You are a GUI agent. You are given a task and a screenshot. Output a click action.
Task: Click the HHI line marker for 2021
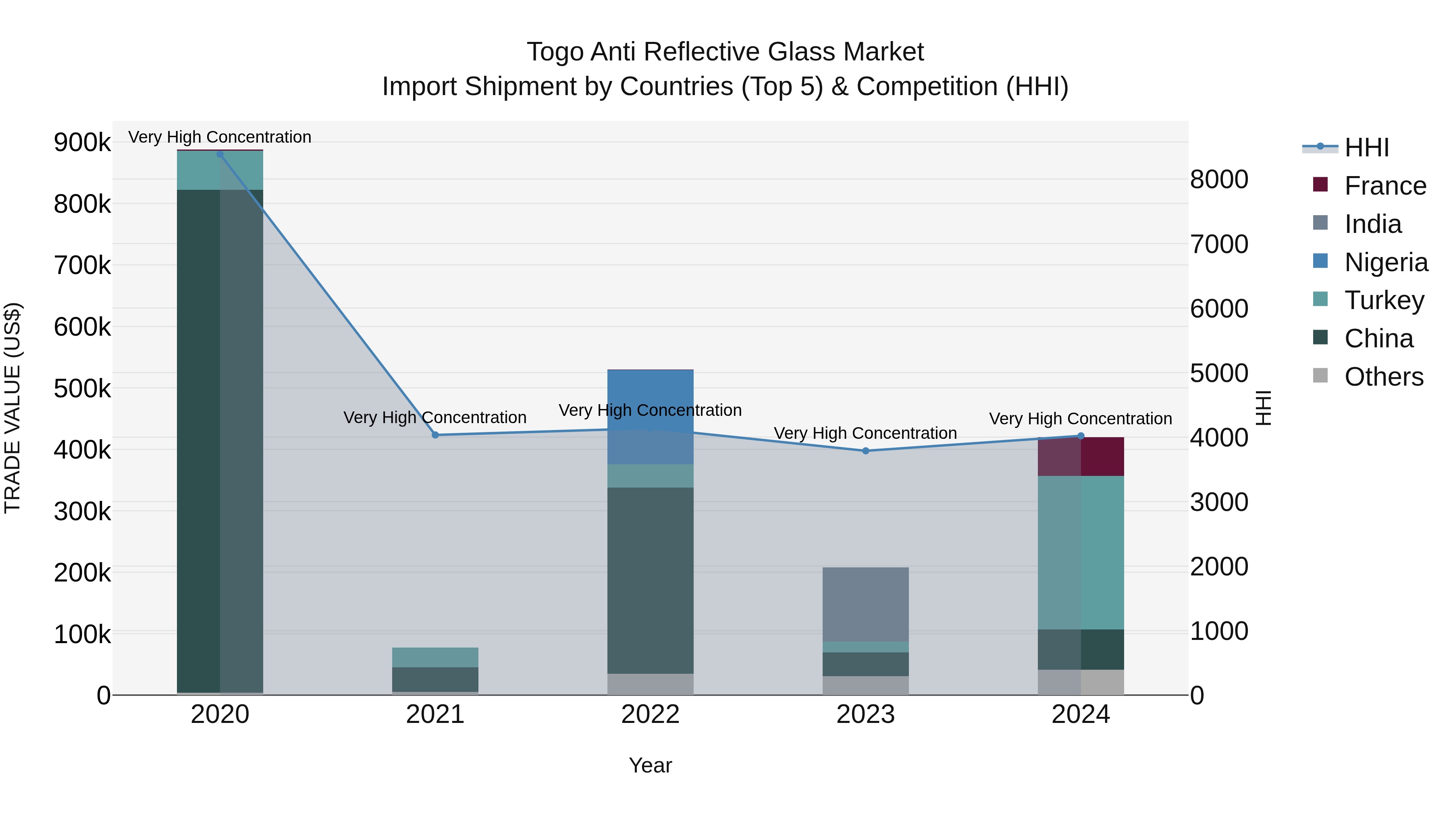pyautogui.click(x=435, y=435)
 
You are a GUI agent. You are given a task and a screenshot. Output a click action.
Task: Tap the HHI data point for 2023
pyautogui.click(x=866, y=451)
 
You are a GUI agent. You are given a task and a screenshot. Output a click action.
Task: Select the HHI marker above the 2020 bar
pyautogui.click(x=220, y=154)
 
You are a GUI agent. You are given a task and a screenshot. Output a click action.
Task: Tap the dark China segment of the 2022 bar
pyautogui.click(x=651, y=580)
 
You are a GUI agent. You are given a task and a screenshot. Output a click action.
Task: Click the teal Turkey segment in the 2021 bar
pyautogui.click(x=435, y=657)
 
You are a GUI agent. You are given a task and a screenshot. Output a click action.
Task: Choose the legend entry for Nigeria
pyautogui.click(x=1386, y=262)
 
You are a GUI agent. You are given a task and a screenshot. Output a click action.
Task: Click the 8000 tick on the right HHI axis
pyautogui.click(x=1219, y=180)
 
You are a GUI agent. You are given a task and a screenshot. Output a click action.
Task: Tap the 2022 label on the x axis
pyautogui.click(x=651, y=714)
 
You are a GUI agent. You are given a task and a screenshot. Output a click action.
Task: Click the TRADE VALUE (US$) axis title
pyautogui.click(x=12, y=408)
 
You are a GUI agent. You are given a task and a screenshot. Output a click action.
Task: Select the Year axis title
pyautogui.click(x=651, y=765)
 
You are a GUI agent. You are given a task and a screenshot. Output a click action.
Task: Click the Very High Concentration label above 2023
pyautogui.click(x=866, y=433)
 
